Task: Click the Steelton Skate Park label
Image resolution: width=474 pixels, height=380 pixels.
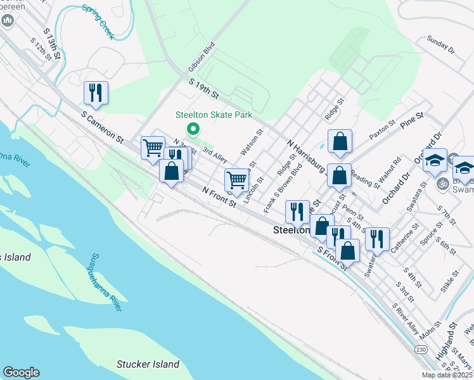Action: [214, 115]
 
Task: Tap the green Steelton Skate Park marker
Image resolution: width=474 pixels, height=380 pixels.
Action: [193, 130]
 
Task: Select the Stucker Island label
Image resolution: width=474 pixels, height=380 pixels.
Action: [148, 364]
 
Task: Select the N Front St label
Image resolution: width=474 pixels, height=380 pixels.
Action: [219, 196]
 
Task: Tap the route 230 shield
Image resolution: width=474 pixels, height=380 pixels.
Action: [421, 349]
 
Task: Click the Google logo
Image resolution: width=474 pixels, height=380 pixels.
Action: [21, 372]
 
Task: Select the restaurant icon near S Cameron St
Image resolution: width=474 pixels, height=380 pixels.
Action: [96, 92]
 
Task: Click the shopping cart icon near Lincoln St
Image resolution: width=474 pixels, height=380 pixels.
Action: [236, 179]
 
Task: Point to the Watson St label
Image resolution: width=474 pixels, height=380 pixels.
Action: [251, 143]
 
